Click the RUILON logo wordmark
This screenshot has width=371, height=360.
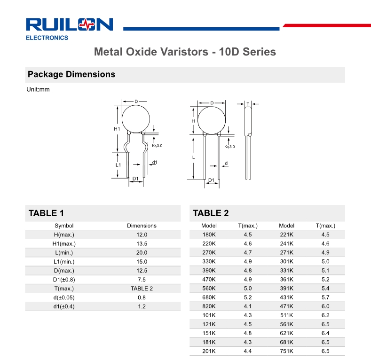tap(69, 24)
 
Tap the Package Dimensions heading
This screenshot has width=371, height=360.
tap(71, 74)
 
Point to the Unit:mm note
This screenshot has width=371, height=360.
tap(38, 89)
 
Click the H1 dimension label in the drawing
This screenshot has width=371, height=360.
tap(117, 129)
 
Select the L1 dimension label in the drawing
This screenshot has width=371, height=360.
tap(118, 165)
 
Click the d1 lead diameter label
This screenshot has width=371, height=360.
tap(155, 162)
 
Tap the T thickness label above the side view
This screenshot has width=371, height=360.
tap(248, 104)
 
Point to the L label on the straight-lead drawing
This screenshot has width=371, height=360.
tap(194, 157)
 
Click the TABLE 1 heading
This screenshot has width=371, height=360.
tap(46, 213)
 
